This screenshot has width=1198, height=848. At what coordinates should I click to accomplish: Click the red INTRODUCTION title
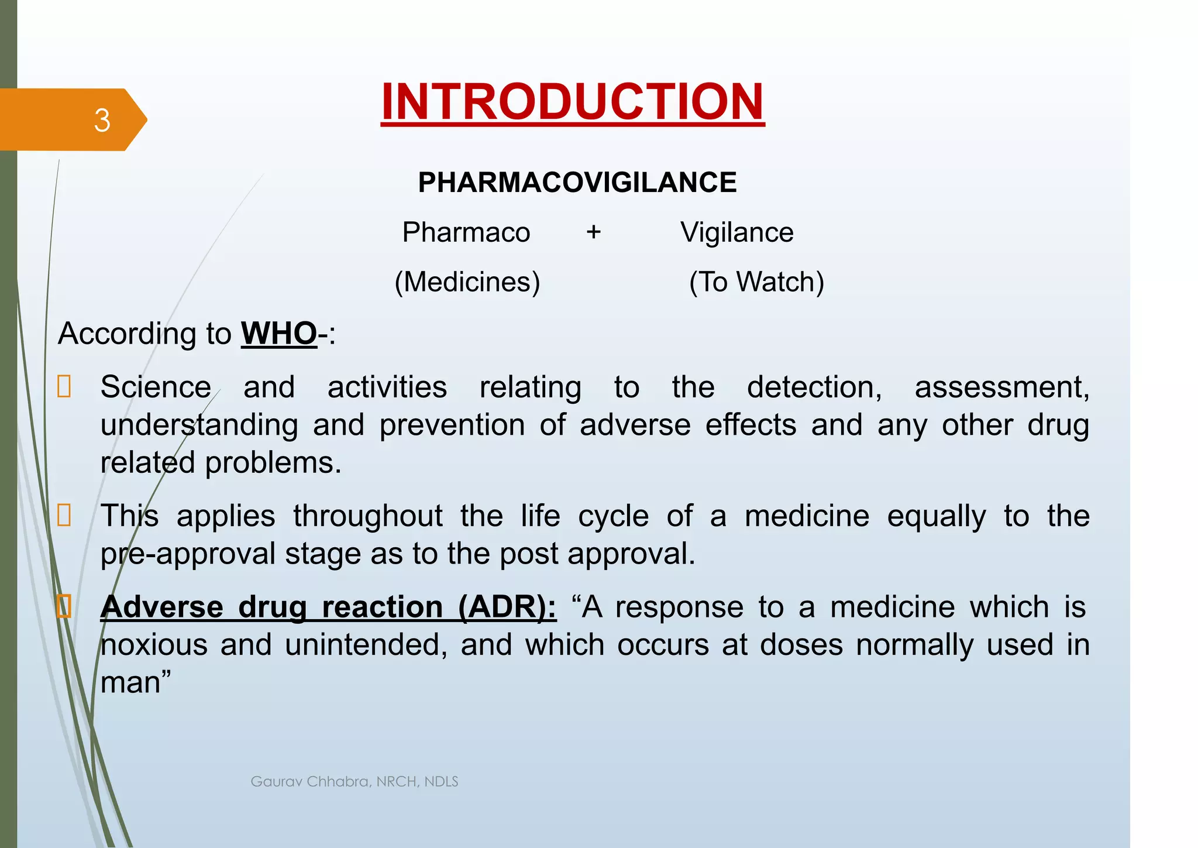(x=573, y=102)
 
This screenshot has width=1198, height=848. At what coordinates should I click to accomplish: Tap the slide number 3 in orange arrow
(x=102, y=121)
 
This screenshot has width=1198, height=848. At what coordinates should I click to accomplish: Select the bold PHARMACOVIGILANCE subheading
(x=577, y=183)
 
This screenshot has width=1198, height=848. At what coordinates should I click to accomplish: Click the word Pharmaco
(x=466, y=232)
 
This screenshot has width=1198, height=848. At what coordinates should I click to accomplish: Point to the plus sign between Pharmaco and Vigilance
(x=594, y=232)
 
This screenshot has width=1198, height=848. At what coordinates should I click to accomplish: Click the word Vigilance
(x=736, y=232)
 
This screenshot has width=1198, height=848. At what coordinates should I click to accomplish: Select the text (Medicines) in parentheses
(x=467, y=282)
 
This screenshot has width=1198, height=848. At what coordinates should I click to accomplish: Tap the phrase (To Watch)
(x=756, y=282)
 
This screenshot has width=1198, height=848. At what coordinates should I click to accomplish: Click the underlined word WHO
(x=278, y=334)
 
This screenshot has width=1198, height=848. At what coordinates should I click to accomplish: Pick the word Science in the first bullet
(x=156, y=387)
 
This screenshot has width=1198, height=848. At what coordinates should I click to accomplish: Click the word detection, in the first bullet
(x=814, y=387)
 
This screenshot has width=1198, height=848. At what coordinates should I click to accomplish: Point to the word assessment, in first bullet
(x=1001, y=387)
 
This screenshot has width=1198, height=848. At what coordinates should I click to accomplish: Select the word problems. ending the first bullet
(x=273, y=463)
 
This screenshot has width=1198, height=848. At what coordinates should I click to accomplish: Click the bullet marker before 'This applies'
(x=64, y=516)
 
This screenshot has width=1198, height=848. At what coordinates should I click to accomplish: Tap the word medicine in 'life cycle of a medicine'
(x=807, y=516)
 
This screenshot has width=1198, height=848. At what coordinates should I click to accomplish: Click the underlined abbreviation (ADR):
(x=507, y=607)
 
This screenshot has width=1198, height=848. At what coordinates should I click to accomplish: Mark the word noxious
(x=154, y=645)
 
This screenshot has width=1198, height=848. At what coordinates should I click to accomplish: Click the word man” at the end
(x=136, y=683)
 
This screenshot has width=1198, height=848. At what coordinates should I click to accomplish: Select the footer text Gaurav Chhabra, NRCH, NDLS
(x=354, y=782)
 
